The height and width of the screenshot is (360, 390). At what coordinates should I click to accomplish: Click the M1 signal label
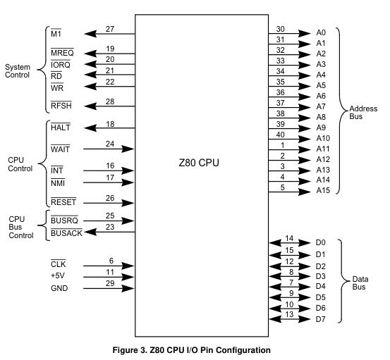56,33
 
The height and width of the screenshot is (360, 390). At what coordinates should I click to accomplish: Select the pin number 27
110,29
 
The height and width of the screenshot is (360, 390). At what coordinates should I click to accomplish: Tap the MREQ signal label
62,53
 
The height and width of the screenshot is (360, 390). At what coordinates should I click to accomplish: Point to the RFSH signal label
61,106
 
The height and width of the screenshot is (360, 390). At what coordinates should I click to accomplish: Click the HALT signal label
61,128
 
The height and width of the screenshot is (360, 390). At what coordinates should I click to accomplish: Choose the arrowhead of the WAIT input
128,149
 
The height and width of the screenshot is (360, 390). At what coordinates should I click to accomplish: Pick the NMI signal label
58,183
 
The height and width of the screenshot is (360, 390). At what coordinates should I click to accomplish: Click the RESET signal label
63,202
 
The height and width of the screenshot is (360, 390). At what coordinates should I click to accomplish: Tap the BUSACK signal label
66,233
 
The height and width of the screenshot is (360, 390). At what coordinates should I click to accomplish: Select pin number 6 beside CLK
111,261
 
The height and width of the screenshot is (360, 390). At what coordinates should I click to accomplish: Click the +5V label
58,275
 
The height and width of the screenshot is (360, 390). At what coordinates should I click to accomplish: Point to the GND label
59,288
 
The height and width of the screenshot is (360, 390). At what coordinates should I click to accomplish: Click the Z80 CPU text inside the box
199,163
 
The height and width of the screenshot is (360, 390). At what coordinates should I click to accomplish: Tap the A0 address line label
321,32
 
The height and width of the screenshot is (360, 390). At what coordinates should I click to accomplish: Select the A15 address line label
323,190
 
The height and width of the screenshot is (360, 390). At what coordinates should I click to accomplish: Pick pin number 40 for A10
280,135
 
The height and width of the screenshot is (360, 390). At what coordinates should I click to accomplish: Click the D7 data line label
320,319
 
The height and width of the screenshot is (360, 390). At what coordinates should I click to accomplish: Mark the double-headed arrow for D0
290,243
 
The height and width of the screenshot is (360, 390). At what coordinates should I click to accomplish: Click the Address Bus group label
363,113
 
